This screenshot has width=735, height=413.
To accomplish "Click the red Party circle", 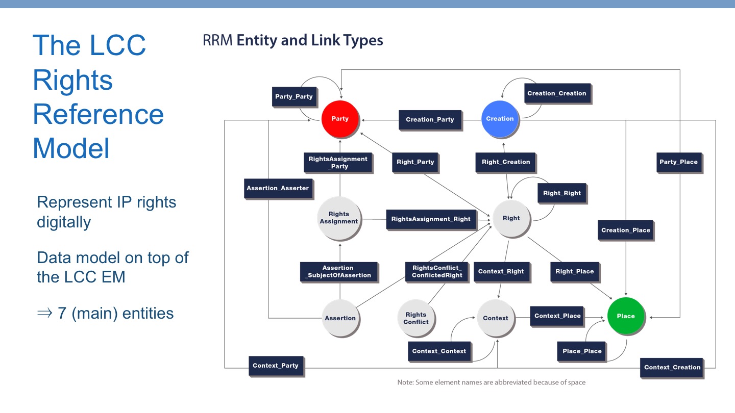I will tap(340, 119).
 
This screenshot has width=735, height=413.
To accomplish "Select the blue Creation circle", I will tap(500, 119).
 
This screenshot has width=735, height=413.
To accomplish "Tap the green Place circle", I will tap(626, 316).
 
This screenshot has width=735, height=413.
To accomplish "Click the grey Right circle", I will tap(511, 218).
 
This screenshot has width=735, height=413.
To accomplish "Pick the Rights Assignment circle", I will tap(339, 218).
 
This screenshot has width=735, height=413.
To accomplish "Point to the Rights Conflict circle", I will tap(416, 318).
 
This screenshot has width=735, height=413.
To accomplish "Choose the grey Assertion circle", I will tap(340, 318).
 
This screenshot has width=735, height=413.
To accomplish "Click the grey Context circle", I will tap(495, 318).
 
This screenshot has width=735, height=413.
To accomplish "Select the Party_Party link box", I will tap(293, 96).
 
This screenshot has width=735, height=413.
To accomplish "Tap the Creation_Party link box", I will tap(430, 120).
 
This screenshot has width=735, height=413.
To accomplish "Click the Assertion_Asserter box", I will tap(278, 188).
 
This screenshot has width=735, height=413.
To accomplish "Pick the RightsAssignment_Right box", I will tap(431, 219).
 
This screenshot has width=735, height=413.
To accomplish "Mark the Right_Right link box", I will tap(562, 193).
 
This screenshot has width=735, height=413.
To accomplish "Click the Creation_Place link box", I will tap(626, 230).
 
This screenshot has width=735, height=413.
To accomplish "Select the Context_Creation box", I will tap(672, 367).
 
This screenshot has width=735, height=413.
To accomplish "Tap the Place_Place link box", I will tap(582, 351).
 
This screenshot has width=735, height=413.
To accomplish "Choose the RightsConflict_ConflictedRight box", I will tap(437, 272).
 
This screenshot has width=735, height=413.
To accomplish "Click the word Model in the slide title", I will tap(71, 148).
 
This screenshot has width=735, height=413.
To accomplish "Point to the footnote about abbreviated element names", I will tap(491, 382).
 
